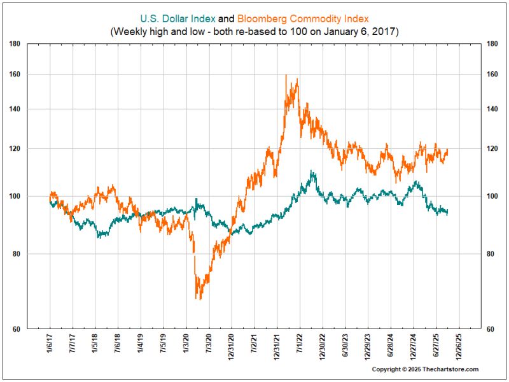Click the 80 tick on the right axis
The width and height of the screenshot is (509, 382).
[x=489, y=254]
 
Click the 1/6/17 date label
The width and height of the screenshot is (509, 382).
[x=50, y=345]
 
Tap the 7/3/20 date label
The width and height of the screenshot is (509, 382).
[x=209, y=345]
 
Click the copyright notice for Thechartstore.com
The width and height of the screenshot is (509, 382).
[x=424, y=369]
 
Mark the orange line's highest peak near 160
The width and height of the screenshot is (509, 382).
[x=286, y=76]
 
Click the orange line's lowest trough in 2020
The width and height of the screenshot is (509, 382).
[x=198, y=298]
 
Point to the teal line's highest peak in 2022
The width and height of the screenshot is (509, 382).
[x=311, y=171]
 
